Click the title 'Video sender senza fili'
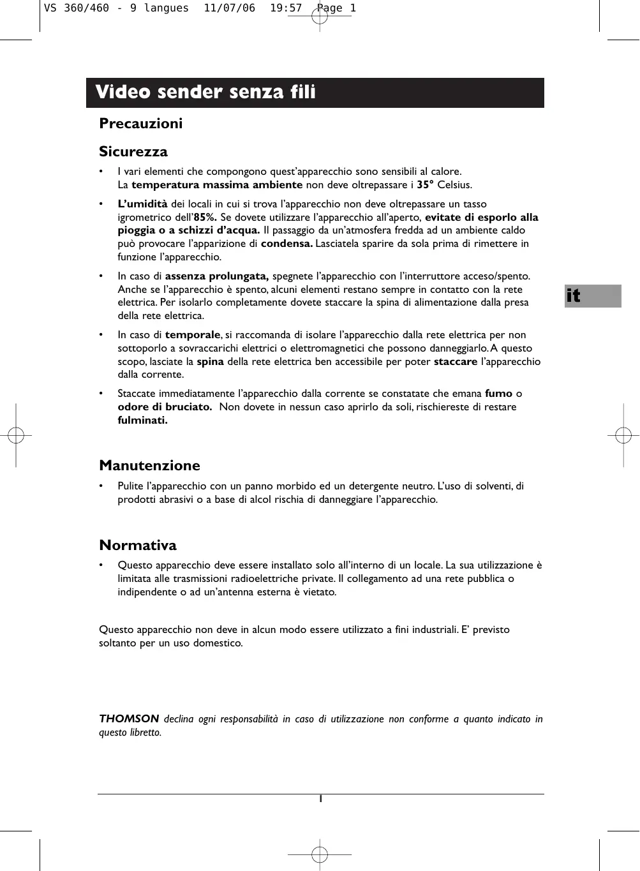(205, 93)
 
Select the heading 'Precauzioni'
(140, 124)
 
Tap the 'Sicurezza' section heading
(133, 152)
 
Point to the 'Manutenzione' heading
(149, 466)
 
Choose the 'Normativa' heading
(138, 546)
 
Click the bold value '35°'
(425, 185)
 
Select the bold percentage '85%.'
(205, 218)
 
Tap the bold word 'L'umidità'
(142, 204)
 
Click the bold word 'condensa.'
(287, 244)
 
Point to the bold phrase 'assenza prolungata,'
(217, 276)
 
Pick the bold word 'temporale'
(193, 335)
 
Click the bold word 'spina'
(210, 362)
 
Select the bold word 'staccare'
(456, 362)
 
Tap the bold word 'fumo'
(498, 394)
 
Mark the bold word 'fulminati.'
(142, 421)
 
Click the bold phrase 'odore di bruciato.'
(165, 407)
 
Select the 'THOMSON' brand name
(129, 719)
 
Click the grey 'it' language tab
(592, 296)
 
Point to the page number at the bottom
(321, 799)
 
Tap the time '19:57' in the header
(285, 9)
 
